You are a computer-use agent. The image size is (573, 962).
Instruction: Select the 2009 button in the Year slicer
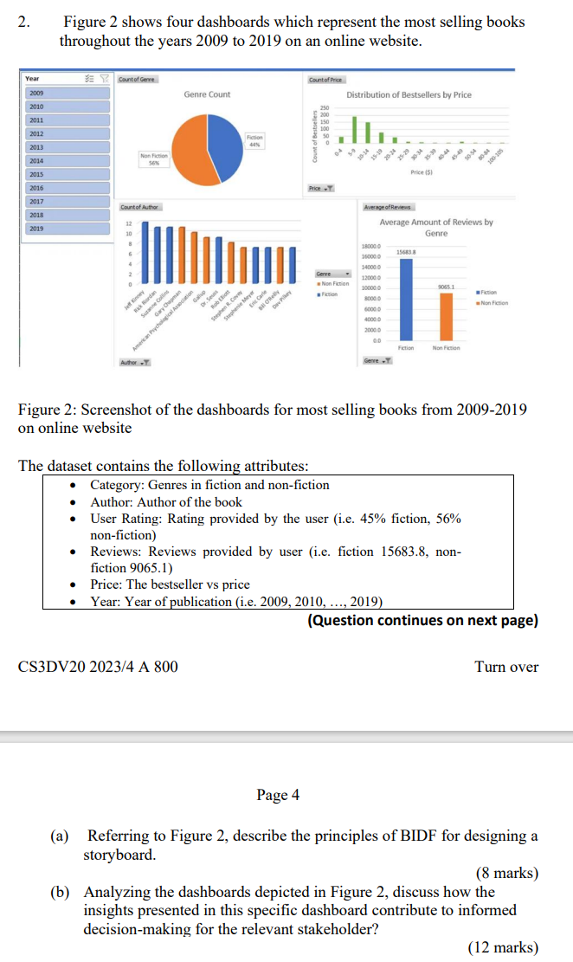pyautogui.click(x=65, y=92)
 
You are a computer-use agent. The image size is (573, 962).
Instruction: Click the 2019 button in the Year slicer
pyautogui.click(x=65, y=229)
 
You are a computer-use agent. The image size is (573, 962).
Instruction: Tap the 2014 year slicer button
pyautogui.click(x=65, y=160)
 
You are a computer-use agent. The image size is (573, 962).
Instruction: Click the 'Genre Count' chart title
pyautogui.click(x=207, y=94)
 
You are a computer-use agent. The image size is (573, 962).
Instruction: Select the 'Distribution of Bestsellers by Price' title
pyautogui.click(x=409, y=94)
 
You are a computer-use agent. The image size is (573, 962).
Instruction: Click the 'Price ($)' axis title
pyautogui.click(x=422, y=173)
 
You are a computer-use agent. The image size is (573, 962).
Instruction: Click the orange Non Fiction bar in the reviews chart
pyautogui.click(x=446, y=318)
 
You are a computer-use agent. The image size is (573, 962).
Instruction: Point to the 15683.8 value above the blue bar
pyautogui.click(x=407, y=251)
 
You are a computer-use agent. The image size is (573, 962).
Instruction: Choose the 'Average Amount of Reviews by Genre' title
pyautogui.click(x=435, y=228)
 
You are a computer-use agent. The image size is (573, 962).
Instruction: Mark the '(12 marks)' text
pyautogui.click(x=502, y=948)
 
